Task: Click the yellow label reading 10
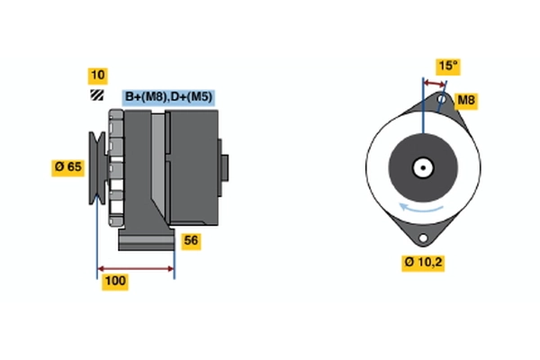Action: pyautogui.click(x=98, y=76)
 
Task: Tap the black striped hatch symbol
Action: pyautogui.click(x=97, y=95)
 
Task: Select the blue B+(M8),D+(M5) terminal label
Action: pyautogui.click(x=168, y=97)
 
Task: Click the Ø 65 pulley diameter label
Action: pyautogui.click(x=68, y=167)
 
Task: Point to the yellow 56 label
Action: pyautogui.click(x=191, y=241)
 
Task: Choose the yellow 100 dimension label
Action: pyautogui.click(x=115, y=282)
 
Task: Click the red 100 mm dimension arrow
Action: pyautogui.click(x=136, y=269)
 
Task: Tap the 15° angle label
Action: pyautogui.click(x=448, y=67)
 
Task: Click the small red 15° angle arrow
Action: pyautogui.click(x=435, y=84)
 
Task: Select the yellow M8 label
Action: pyautogui.click(x=466, y=101)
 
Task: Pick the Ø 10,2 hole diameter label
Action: pyautogui.click(x=423, y=263)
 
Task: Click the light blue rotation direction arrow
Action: pyautogui.click(x=421, y=208)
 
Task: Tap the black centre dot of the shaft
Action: pyautogui.click(x=423, y=168)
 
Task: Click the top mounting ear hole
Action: pyautogui.click(x=442, y=100)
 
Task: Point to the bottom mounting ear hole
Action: pyautogui.click(x=423, y=238)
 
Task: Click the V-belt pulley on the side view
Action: pyautogui.click(x=97, y=167)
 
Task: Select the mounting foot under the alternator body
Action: pyautogui.click(x=147, y=238)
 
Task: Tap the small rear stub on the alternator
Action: pyautogui.click(x=224, y=167)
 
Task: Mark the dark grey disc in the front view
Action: pyautogui.click(x=423, y=167)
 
